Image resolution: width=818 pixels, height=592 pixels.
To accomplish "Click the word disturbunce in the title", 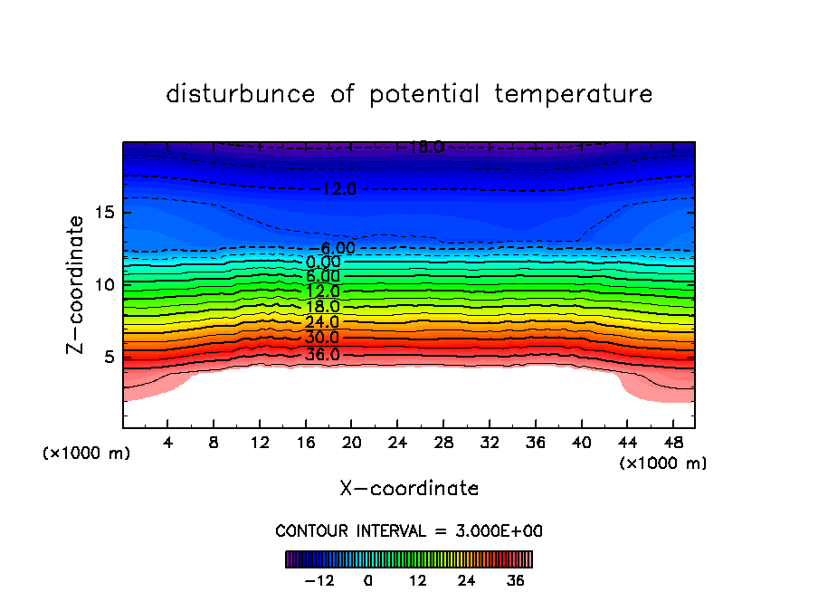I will [241, 94].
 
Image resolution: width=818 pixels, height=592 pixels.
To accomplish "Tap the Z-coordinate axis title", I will [76, 284].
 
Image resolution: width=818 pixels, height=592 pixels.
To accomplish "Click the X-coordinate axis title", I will [409, 489].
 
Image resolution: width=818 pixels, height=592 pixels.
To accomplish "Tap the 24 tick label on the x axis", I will [397, 443].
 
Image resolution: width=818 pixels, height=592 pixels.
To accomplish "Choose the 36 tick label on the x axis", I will [535, 443].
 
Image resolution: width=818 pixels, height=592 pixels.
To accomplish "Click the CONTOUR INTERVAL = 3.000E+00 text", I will [409, 530].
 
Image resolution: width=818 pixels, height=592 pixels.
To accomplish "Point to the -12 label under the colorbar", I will [319, 580].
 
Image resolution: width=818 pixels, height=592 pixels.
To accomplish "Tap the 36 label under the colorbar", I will [516, 580].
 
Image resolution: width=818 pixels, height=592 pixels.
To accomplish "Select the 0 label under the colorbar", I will [368, 580].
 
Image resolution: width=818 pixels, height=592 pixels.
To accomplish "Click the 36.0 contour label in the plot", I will [322, 354].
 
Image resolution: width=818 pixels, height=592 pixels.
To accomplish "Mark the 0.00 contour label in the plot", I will [323, 263].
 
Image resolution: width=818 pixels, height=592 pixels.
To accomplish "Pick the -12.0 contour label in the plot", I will [338, 189].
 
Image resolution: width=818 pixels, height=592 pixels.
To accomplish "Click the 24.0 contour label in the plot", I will [322, 322].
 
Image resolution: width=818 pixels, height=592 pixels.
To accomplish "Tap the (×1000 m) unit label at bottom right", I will [663, 463].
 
